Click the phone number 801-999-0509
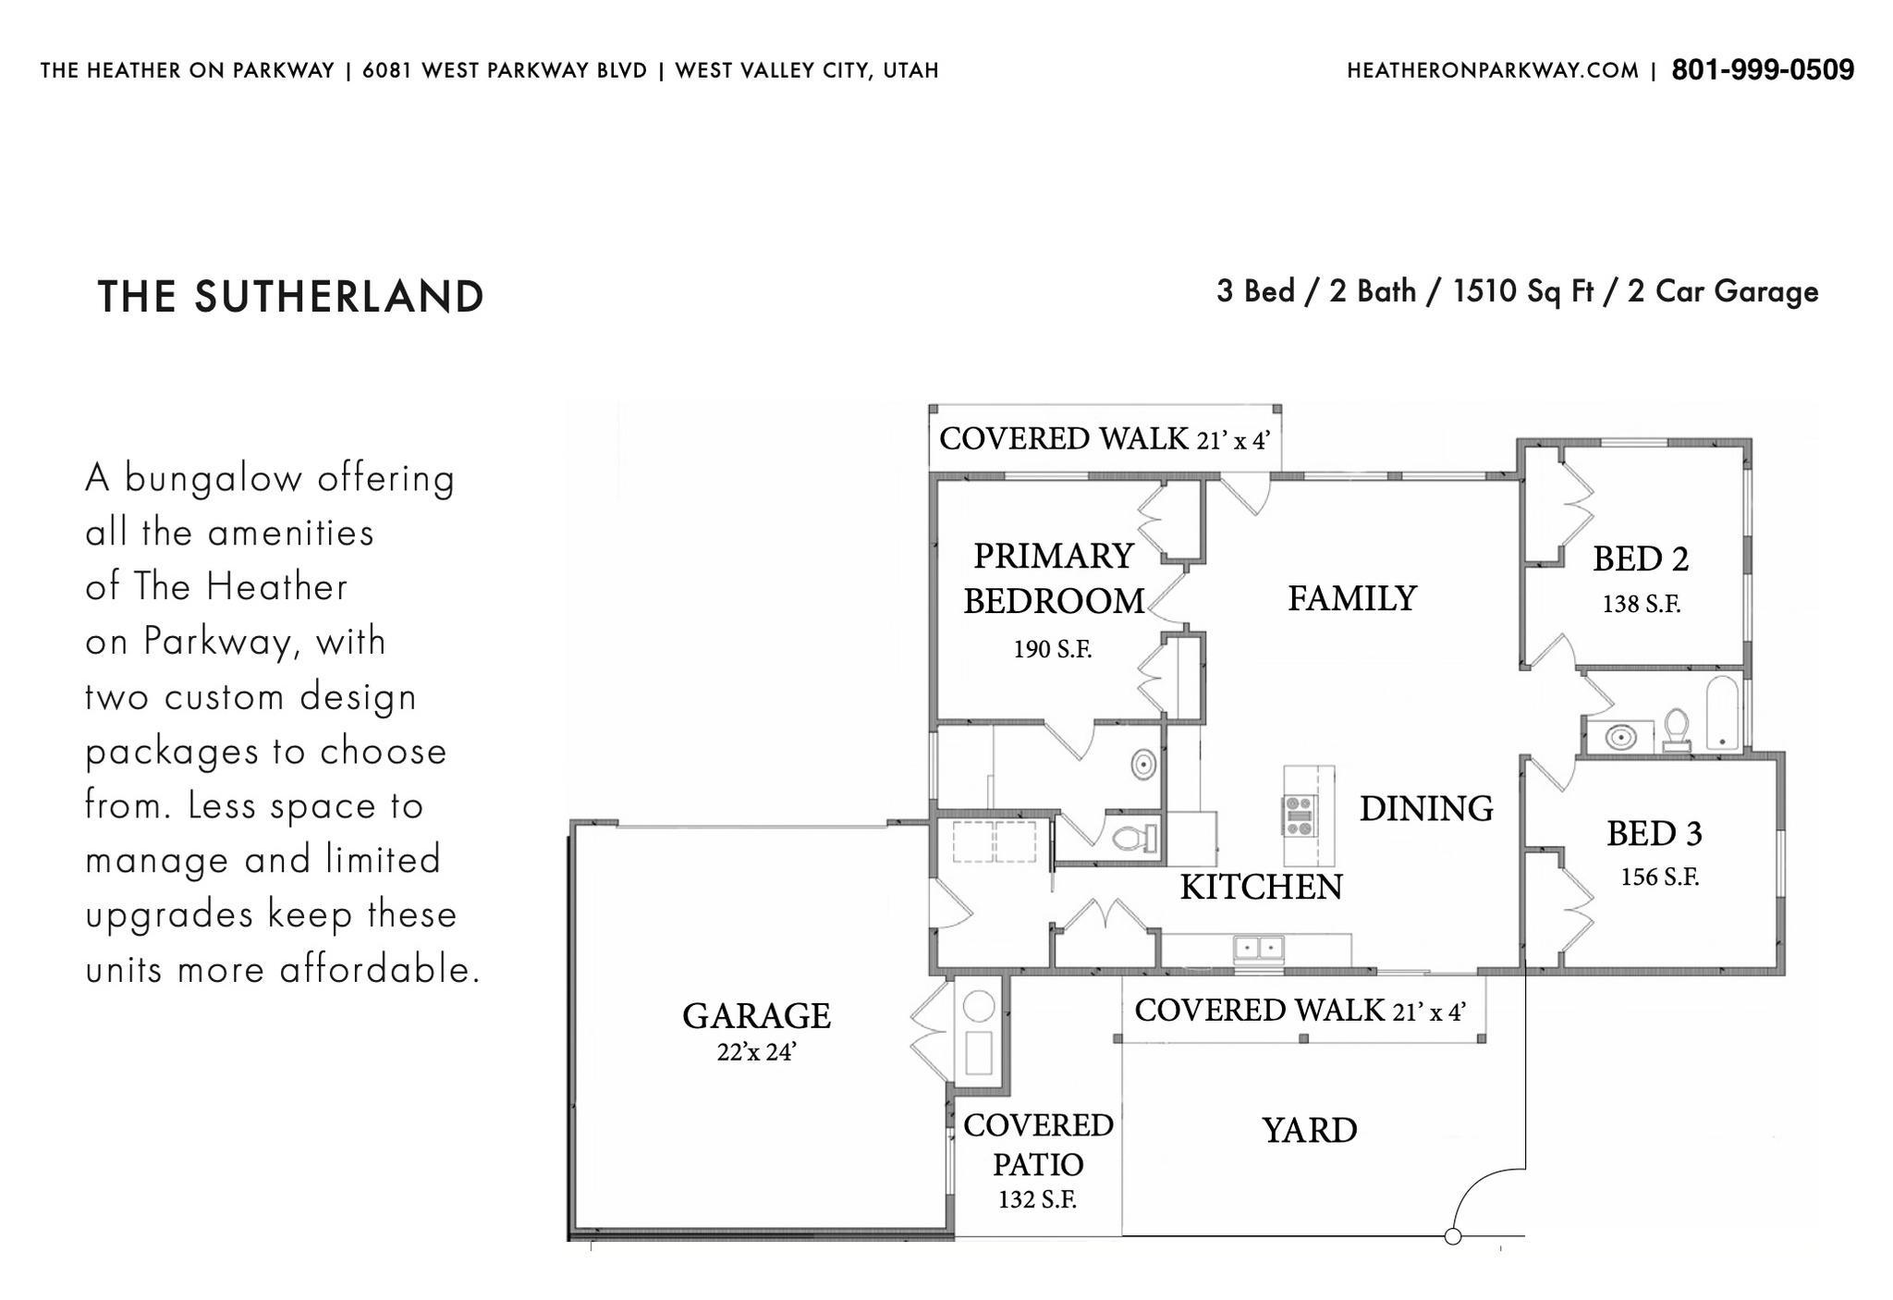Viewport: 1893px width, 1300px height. [1763, 70]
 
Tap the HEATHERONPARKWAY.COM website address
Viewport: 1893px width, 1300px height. [1493, 71]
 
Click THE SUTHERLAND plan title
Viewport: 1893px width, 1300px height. [290, 297]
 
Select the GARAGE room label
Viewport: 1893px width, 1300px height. [756, 1016]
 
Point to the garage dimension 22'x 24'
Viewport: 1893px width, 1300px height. [756, 1052]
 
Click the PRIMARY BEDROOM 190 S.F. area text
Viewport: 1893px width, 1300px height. [1053, 649]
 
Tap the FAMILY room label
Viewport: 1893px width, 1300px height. [1352, 598]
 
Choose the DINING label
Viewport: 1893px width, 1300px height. [1426, 808]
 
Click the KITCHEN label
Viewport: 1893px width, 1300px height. [1261, 887]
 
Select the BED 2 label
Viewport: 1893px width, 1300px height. [1641, 558]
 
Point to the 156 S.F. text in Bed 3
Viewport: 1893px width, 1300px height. [1659, 877]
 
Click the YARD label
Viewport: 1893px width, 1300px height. [1310, 1130]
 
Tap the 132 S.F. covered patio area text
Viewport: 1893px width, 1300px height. [1037, 1200]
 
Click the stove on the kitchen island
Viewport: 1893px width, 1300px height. [1300, 816]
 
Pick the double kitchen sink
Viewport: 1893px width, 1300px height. [1259, 948]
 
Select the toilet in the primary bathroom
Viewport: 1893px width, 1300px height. [1135, 839]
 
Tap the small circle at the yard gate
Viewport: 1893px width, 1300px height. [1452, 1236]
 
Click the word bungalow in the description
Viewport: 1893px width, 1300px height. [213, 479]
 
